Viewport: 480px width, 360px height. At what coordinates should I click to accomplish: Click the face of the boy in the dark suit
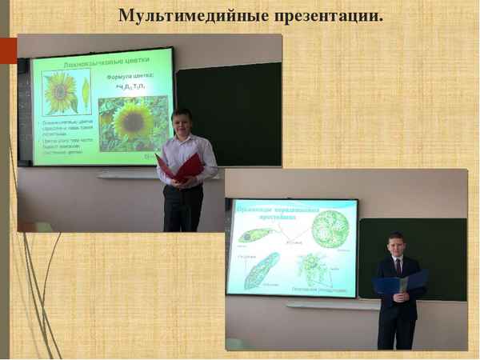tap(397, 246)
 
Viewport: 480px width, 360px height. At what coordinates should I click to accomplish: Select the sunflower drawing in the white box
tap(59, 92)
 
